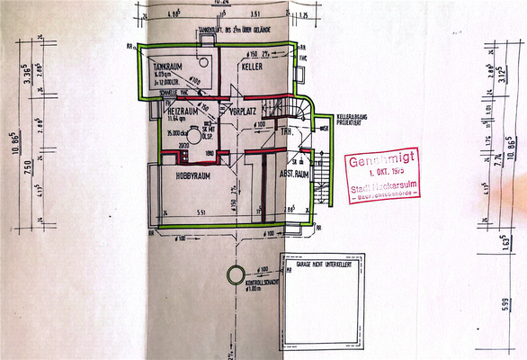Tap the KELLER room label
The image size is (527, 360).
[251, 67]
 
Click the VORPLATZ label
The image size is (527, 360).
[244, 113]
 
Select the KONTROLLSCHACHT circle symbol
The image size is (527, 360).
[235, 274]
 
